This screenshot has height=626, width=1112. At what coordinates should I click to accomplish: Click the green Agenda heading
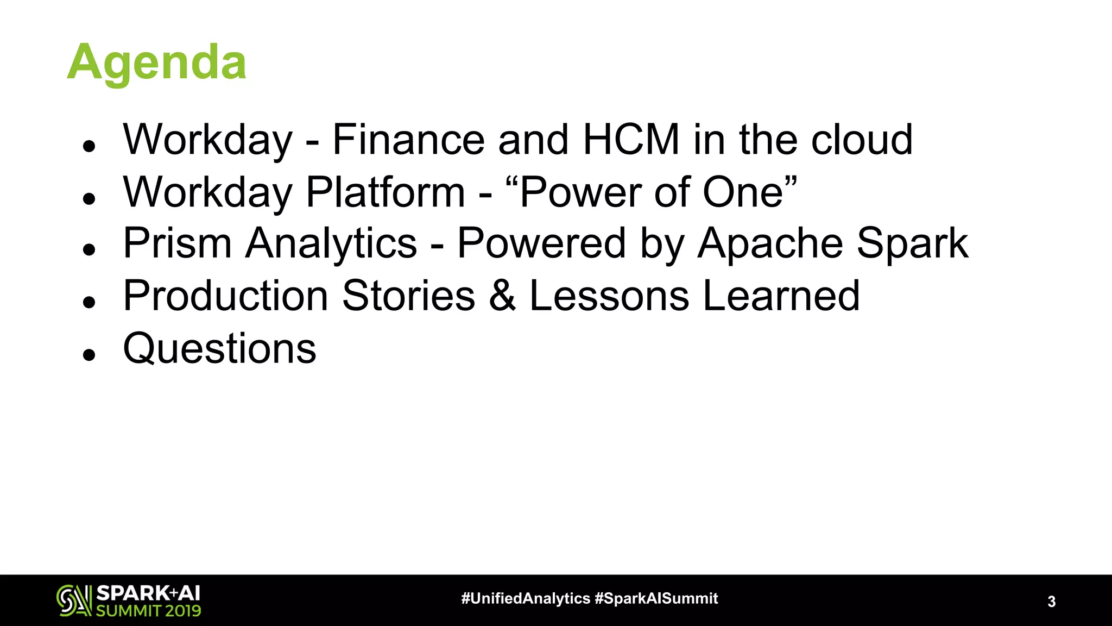tap(156, 63)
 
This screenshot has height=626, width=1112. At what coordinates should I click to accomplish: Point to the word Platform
tap(386, 192)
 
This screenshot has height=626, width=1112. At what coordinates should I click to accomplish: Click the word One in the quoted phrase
tap(743, 192)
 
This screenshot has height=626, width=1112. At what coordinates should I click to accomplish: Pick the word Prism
tap(178, 243)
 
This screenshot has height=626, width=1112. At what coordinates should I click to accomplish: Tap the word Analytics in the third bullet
tap(331, 243)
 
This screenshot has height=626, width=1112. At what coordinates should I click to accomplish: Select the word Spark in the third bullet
tap(912, 243)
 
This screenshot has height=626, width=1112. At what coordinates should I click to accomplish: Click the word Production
tap(225, 296)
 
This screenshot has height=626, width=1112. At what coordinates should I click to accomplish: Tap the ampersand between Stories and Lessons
tap(502, 296)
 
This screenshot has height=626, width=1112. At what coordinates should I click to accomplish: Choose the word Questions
tap(219, 349)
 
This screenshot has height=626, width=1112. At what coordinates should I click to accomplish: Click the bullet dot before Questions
tap(89, 355)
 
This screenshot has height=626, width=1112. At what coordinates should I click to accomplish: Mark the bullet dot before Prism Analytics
tap(89, 249)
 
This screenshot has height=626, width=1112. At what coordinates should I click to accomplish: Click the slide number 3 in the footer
tap(1051, 602)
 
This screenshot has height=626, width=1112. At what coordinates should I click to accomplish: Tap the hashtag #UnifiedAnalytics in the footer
tap(525, 598)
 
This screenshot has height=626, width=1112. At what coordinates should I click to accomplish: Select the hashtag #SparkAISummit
tap(656, 598)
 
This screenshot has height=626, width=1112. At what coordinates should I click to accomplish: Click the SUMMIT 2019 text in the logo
tap(148, 611)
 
